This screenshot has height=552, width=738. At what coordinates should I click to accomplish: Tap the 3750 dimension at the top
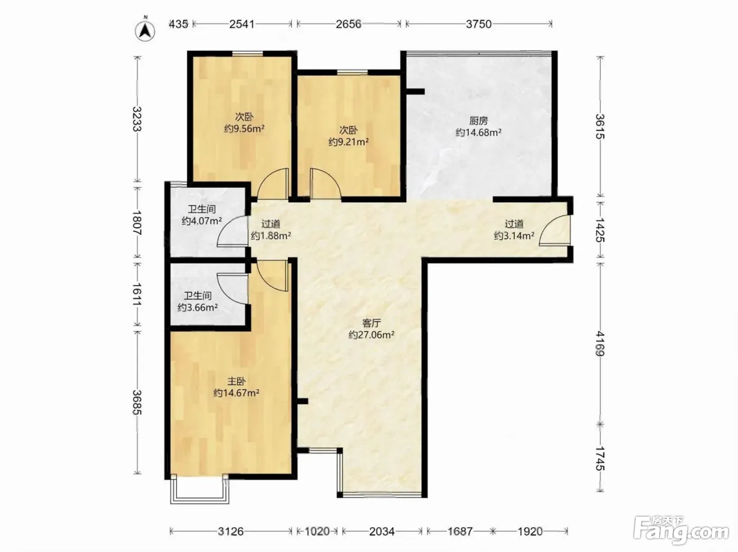[x=479, y=24]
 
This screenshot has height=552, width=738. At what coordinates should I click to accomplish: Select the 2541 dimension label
[x=242, y=24]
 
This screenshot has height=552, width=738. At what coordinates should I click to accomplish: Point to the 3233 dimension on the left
[x=137, y=119]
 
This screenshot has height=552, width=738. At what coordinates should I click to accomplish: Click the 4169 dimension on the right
[x=600, y=343]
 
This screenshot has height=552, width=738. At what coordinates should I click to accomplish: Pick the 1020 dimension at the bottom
[x=317, y=531]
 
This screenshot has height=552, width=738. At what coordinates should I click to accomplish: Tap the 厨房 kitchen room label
[x=479, y=120]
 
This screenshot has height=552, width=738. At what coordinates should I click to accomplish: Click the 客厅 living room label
[x=371, y=323]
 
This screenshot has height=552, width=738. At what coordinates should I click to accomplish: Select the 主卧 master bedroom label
[x=236, y=381]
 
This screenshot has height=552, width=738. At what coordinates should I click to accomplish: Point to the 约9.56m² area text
[x=245, y=129]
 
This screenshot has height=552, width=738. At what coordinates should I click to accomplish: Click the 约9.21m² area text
[x=348, y=142]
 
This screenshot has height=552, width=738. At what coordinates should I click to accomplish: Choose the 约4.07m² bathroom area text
[x=202, y=221]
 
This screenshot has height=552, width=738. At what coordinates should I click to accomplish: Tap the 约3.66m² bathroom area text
[x=198, y=307]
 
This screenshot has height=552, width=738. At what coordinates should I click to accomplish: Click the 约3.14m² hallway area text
[x=514, y=236]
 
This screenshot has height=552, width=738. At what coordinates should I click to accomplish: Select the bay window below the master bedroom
[x=200, y=489]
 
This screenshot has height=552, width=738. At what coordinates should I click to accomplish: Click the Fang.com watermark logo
[x=682, y=531]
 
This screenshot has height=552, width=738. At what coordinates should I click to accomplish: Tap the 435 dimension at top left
[x=178, y=24]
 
